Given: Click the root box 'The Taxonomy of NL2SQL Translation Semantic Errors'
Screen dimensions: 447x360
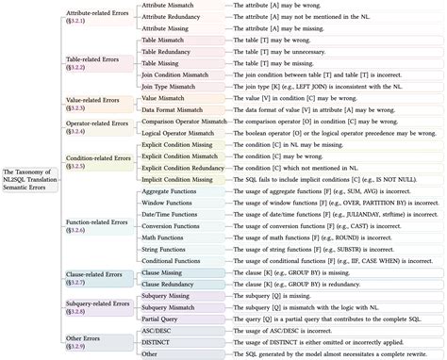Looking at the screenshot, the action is (x=28, y=178).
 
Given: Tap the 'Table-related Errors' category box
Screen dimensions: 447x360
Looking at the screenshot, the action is (x=96, y=62).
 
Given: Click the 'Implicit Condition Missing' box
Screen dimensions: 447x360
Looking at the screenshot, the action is (x=182, y=178).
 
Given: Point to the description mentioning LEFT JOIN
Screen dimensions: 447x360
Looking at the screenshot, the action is (x=311, y=86).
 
